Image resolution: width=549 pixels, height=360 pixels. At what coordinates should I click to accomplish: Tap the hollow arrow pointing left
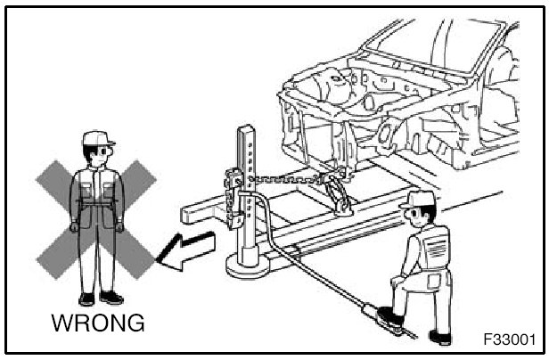tap(186, 249)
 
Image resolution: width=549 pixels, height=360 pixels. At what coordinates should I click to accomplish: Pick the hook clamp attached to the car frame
tap(340, 195)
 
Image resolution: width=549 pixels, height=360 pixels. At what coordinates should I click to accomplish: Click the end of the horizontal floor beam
tap(189, 213)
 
